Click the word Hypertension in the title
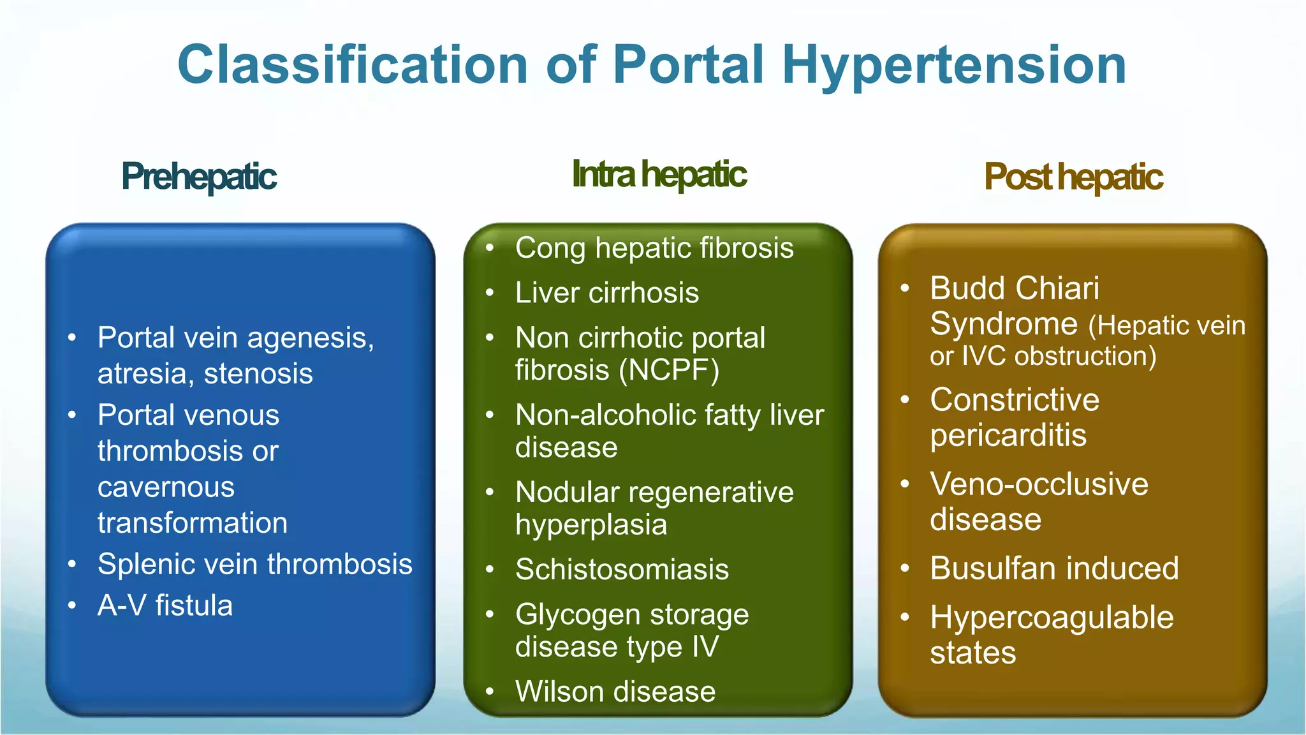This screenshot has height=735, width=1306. click(954, 66)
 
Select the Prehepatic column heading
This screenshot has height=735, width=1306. click(199, 177)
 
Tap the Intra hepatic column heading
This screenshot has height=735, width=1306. click(659, 174)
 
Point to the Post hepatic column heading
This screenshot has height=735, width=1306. click(1073, 177)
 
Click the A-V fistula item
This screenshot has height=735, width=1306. click(165, 605)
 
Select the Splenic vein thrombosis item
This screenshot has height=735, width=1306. click(254, 564)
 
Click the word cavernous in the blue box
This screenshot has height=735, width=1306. click(166, 487)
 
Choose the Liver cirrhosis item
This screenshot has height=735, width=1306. click(606, 293)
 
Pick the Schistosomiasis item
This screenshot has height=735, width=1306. click(622, 569)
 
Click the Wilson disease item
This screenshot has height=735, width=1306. click(615, 692)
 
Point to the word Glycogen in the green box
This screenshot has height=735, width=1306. click(578, 615)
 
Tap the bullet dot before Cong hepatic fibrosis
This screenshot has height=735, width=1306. click(490, 248)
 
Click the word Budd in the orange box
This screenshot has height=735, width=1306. click(961, 288)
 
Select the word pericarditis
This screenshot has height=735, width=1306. click(1008, 435)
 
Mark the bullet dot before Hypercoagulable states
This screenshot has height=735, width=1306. click(904, 618)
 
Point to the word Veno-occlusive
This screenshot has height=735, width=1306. click(1039, 484)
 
